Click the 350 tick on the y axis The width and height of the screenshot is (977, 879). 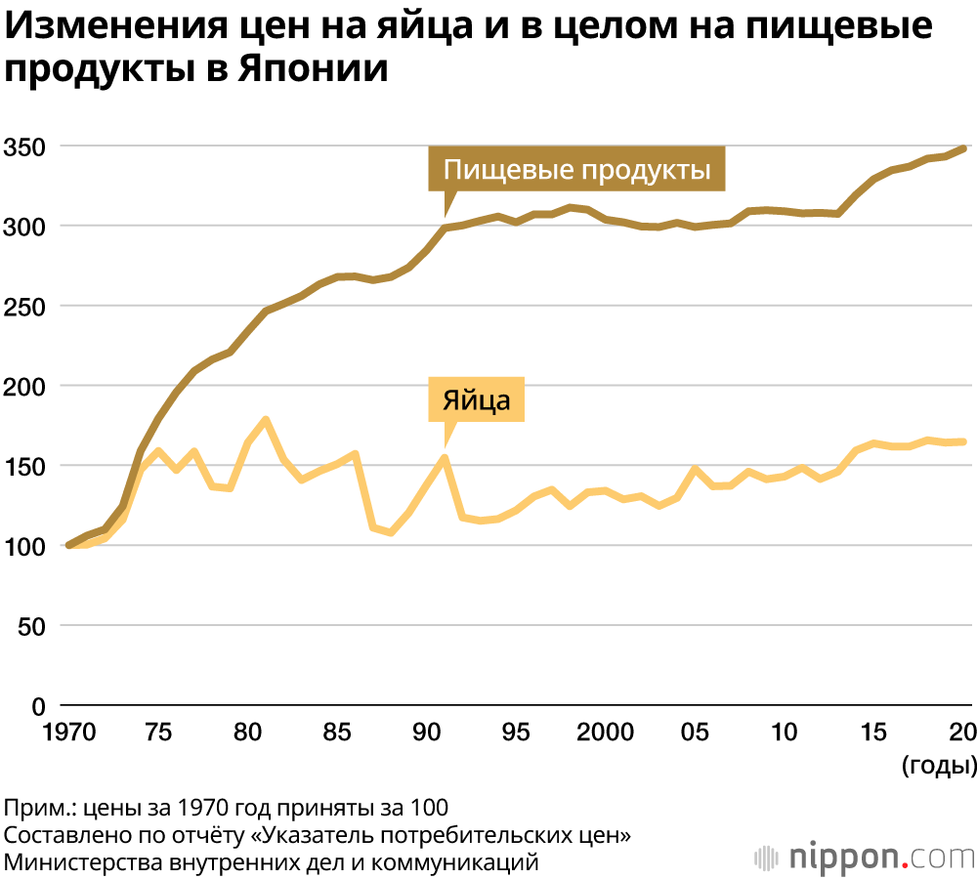coord(24,146)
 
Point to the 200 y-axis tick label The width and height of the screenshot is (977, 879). coord(24,386)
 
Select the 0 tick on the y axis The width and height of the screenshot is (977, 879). coord(38,705)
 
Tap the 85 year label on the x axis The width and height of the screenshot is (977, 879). coord(337,732)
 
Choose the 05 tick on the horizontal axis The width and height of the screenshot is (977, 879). coord(696,732)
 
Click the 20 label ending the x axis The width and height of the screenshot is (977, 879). coord(962,732)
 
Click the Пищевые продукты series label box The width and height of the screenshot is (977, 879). coord(576,170)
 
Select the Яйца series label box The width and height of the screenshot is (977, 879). coord(477,399)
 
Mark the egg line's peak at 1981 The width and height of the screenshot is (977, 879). coord(265,420)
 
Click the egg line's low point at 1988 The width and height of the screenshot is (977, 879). coord(391,532)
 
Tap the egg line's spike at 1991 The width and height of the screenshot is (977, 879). coord(445,457)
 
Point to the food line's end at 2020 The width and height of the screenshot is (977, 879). coord(965,148)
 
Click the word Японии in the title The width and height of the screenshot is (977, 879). coord(315,70)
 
